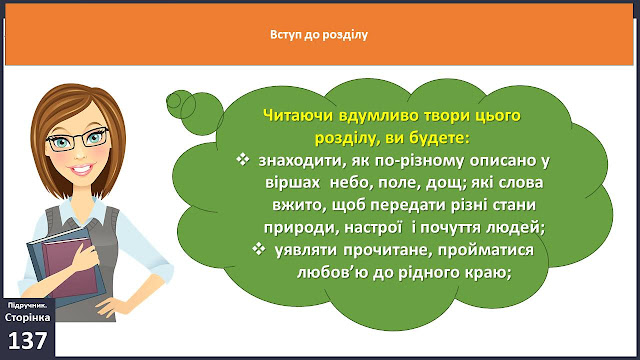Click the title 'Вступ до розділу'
[319, 35]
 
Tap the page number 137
[27, 340]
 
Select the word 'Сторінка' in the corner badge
[28, 317]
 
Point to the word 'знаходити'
[299, 161]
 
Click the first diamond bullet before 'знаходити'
[242, 159]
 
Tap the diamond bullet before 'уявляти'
[259, 249]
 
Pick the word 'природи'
[300, 228]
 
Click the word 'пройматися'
[486, 250]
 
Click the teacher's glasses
[78, 138]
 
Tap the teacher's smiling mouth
[82, 168]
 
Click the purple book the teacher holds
[70, 267]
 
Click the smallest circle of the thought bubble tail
[173, 101]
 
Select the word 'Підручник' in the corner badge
[25, 305]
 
